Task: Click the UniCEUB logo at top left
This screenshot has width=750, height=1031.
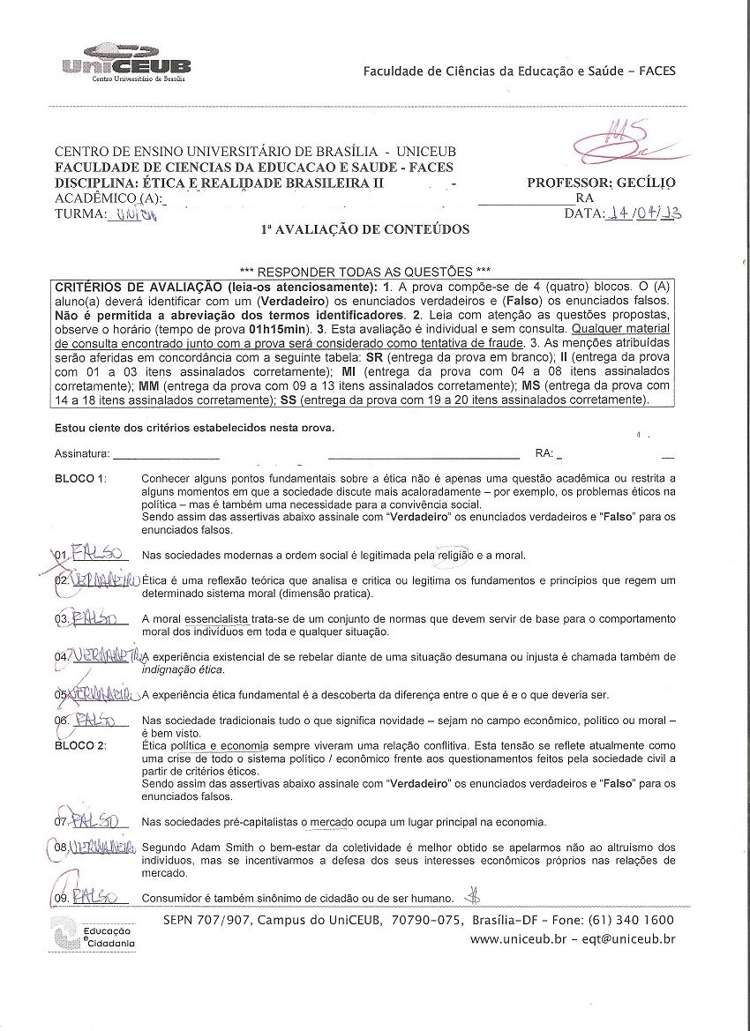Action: (x=126, y=62)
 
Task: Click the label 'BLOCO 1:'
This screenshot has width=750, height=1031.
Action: (x=80, y=479)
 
